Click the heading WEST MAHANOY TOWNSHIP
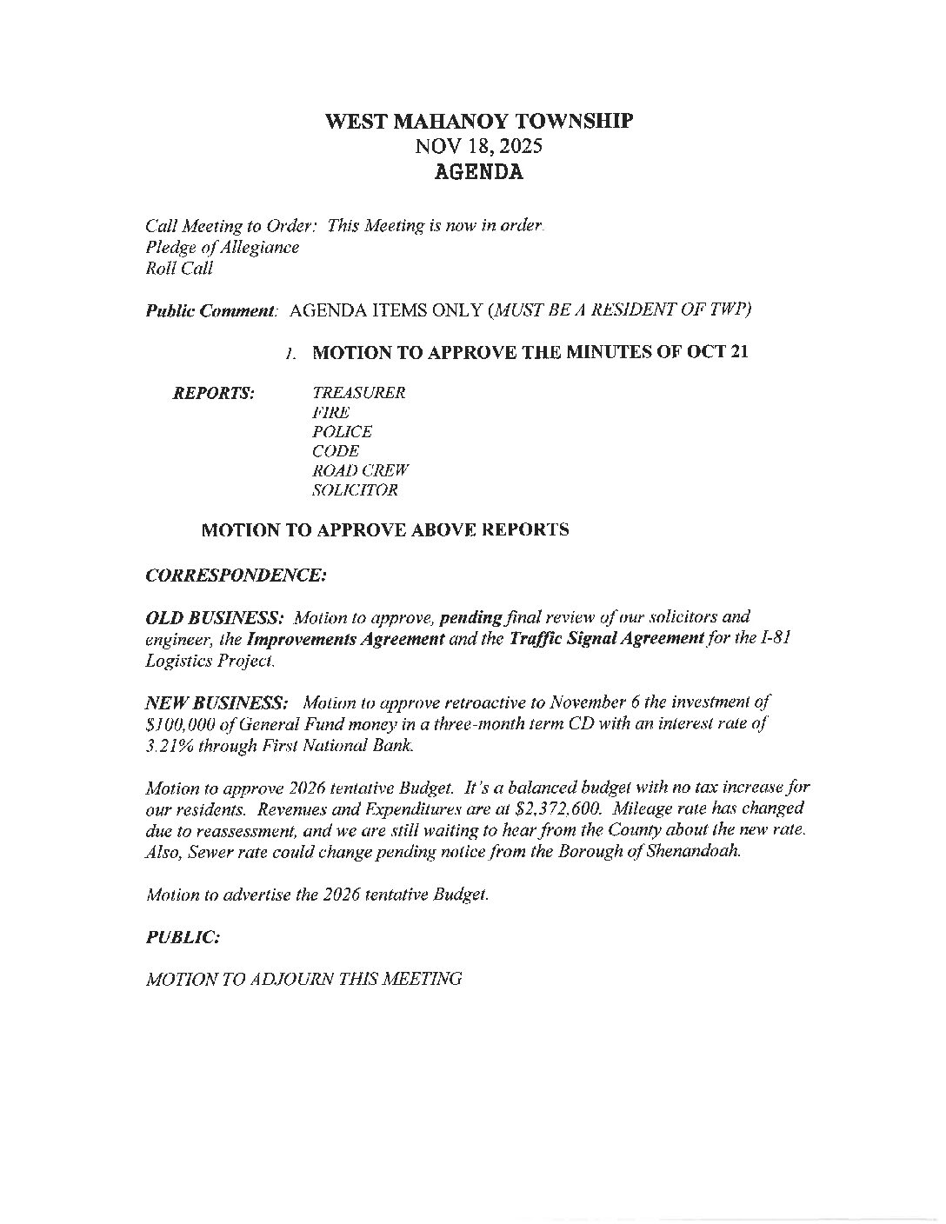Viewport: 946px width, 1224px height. click(x=479, y=121)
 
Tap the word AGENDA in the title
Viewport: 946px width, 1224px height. click(x=479, y=172)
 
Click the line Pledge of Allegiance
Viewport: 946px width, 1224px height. click(x=222, y=248)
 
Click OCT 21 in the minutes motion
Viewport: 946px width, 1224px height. click(x=716, y=353)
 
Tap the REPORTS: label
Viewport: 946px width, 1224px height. click(x=214, y=393)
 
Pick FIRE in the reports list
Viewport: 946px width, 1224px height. click(x=330, y=412)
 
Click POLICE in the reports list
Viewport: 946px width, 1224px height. click(x=342, y=432)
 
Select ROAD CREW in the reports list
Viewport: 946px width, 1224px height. click(x=360, y=471)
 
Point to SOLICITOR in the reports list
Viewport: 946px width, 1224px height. click(x=355, y=490)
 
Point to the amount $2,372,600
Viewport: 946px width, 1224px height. click(x=554, y=810)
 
